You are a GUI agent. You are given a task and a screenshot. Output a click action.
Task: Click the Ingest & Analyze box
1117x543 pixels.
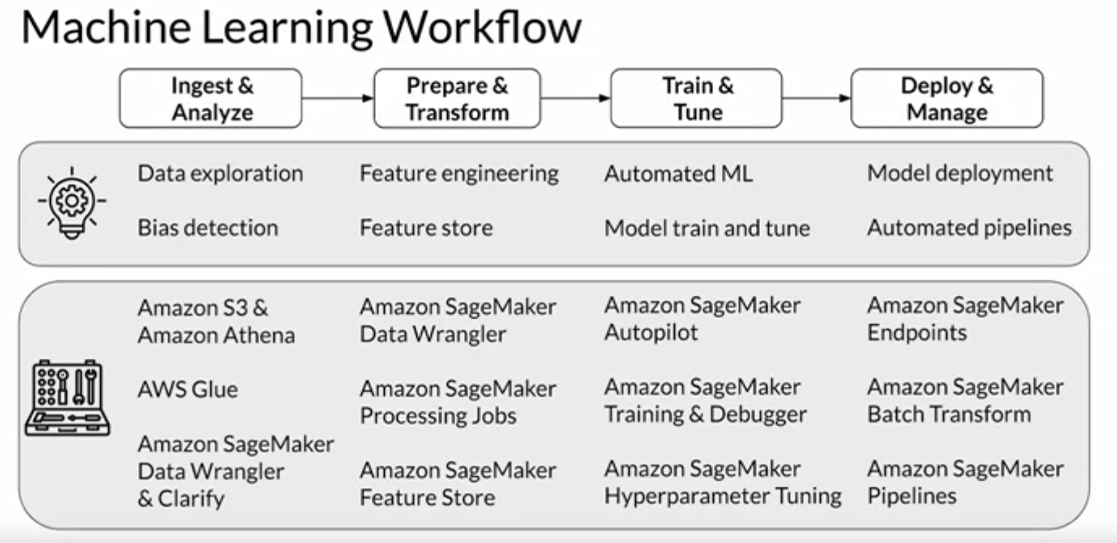coord(211,99)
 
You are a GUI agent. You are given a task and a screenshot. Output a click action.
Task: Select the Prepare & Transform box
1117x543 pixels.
coord(457,99)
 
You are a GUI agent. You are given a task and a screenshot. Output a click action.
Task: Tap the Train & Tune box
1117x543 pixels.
coord(696,99)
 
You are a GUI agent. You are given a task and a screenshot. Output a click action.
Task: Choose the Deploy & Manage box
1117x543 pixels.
coord(947,99)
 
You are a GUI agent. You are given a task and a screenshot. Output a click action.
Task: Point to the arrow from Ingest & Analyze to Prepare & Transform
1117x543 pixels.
coord(338,98)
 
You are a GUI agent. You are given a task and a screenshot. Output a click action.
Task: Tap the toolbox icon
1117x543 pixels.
coord(68,397)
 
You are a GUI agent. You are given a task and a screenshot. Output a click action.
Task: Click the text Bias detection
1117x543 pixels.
coord(208,228)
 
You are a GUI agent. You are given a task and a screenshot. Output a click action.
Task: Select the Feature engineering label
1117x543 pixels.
coord(459,174)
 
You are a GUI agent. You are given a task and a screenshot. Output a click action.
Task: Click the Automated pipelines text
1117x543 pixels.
coord(969,228)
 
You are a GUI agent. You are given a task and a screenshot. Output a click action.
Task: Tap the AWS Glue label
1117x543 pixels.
coord(188,390)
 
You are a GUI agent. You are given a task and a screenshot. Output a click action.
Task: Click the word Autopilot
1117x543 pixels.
coord(650,333)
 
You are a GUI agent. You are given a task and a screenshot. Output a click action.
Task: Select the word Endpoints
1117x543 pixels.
coord(916,333)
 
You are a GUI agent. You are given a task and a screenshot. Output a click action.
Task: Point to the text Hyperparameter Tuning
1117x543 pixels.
coord(722,496)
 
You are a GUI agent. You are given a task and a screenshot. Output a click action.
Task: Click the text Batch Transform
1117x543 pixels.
coord(948,414)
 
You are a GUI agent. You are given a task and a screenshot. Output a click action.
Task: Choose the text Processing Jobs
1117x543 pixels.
coord(438,416)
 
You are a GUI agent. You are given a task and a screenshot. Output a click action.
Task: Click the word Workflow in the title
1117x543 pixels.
coord(482,28)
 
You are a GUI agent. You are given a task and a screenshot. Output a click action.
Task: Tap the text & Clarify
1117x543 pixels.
coord(181,498)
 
